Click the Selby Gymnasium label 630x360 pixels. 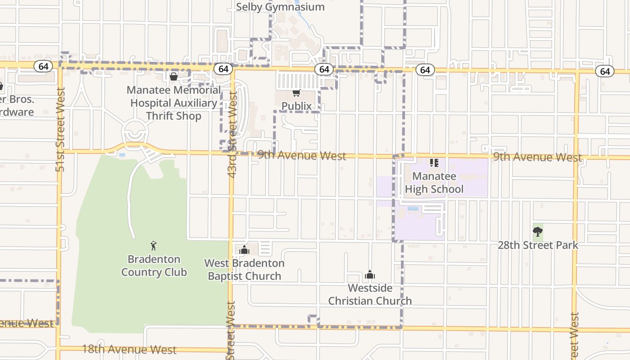pyautogui.click(x=280, y=7)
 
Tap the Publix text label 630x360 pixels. pyautogui.click(x=297, y=106)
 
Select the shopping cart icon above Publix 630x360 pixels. pyautogui.click(x=296, y=93)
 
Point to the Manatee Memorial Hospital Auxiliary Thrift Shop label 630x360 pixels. pyautogui.click(x=174, y=103)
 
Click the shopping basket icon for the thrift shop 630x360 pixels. pyautogui.click(x=174, y=77)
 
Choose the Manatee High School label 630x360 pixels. pyautogui.click(x=434, y=183)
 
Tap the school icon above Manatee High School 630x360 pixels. pyautogui.click(x=434, y=163)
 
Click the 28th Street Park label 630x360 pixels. pyautogui.click(x=538, y=245)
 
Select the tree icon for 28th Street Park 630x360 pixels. pyautogui.click(x=537, y=232)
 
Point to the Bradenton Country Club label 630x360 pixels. pyautogui.click(x=154, y=265)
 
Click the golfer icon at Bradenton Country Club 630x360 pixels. pyautogui.click(x=154, y=246)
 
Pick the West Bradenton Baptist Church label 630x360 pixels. pyautogui.click(x=244, y=270)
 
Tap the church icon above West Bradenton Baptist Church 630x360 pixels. pyautogui.click(x=244, y=250)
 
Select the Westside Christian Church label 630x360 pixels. pyautogui.click(x=370, y=294)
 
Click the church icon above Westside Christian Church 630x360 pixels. pyautogui.click(x=370, y=274)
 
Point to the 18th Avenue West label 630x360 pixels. pyautogui.click(x=129, y=350)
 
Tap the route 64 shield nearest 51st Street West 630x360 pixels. pyautogui.click(x=43, y=67)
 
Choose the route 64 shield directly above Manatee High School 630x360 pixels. pyautogui.click(x=425, y=70)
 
